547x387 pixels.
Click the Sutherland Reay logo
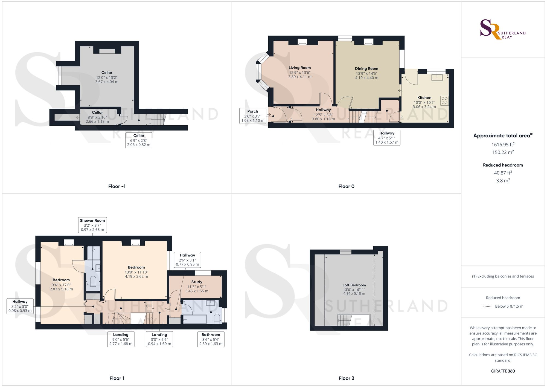coord(503,29)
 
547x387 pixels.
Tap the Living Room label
coord(300,68)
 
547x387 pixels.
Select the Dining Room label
coord(366,69)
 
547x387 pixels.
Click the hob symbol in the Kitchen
coord(444,101)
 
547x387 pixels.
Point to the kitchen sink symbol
coord(437,77)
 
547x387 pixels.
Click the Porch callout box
coord(253,116)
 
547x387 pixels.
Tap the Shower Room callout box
coord(92,225)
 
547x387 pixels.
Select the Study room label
coord(197,282)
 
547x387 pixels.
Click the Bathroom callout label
coord(211,339)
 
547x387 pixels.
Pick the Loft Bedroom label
coord(354,285)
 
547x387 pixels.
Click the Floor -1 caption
coord(117,186)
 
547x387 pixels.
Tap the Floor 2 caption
coord(346,378)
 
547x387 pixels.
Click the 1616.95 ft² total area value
coord(503,145)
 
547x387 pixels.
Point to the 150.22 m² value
coord(503,152)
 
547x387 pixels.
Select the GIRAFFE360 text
coord(503,371)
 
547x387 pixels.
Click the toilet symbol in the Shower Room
coord(93,281)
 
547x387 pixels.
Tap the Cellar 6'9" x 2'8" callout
coord(139,140)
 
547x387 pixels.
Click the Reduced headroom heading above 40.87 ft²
coord(503,165)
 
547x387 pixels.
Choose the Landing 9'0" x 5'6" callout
coord(121,339)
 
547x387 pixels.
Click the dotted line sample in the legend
coord(487,307)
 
